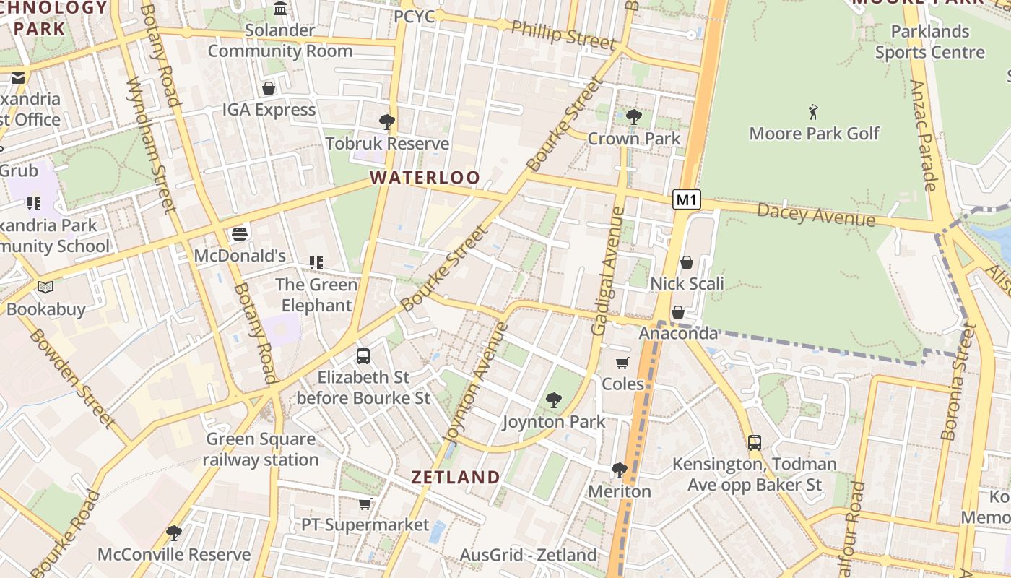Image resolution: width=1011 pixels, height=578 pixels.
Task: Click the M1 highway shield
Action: [687, 199]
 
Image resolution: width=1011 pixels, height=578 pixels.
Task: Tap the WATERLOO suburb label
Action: [425, 178]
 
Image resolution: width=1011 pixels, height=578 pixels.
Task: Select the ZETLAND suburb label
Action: [455, 477]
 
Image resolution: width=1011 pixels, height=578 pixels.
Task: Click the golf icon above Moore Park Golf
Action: [814, 112]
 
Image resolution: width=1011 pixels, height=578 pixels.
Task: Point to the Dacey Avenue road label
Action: [816, 215]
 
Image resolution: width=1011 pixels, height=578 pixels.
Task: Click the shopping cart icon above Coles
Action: [622, 363]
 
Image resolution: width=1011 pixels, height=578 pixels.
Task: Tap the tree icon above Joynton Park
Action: [554, 400]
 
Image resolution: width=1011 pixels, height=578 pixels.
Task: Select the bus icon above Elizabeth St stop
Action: [363, 355]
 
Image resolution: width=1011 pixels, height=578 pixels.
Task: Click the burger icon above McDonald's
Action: [240, 234]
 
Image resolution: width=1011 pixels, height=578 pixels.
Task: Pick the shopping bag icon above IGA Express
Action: [269, 88]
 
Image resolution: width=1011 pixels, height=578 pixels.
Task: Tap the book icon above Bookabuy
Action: [45, 288]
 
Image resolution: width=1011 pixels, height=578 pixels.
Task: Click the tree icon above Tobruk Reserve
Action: [387, 121]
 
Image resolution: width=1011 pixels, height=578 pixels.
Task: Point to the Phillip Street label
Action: [563, 34]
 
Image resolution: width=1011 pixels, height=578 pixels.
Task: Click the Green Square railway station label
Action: [261, 449]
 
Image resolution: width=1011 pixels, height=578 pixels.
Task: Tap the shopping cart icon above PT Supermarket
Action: [365, 504]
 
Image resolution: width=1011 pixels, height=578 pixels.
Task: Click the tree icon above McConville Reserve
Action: [173, 533]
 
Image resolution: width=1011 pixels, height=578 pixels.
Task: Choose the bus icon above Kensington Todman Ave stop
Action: [755, 442]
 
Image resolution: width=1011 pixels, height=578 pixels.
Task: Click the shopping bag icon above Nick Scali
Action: [687, 262]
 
